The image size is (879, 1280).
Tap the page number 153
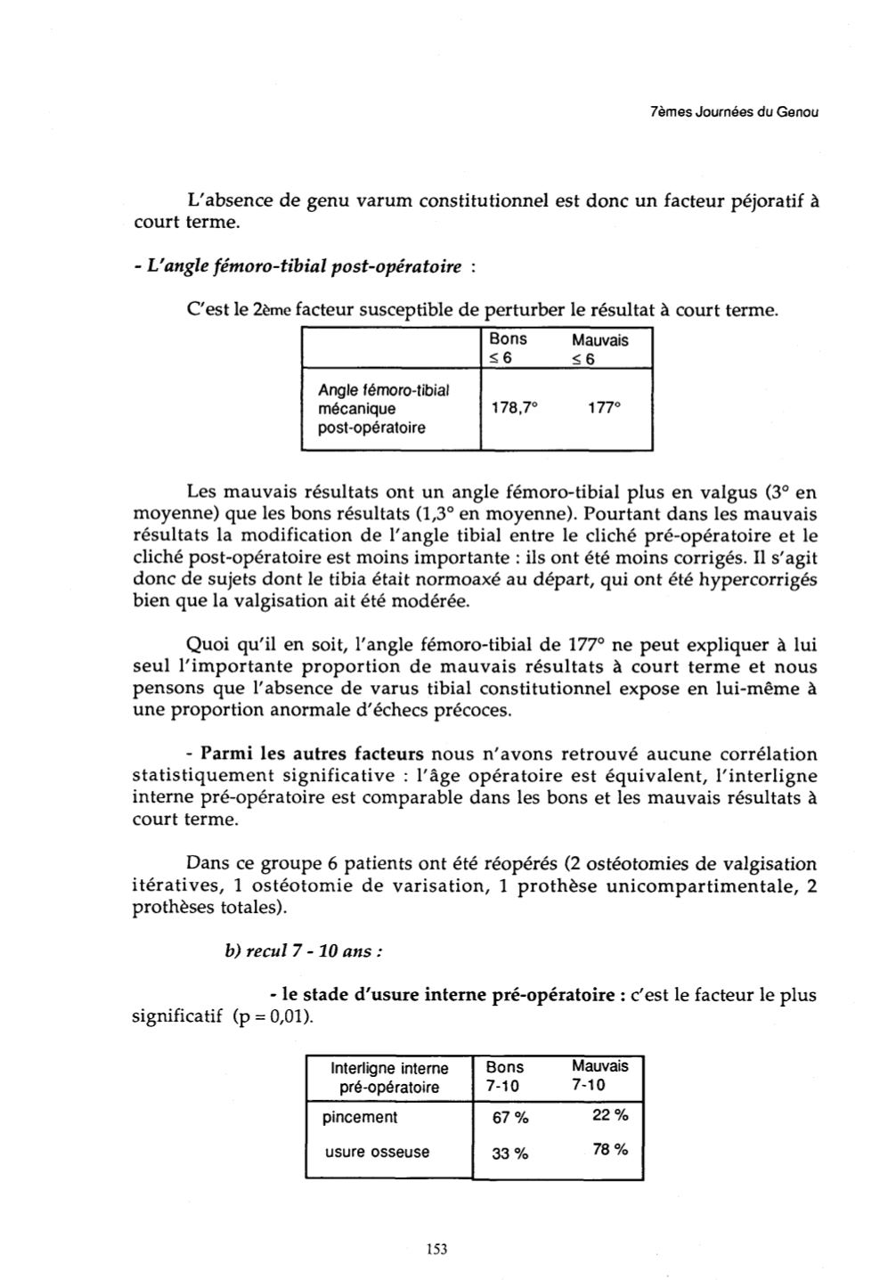coord(436,1249)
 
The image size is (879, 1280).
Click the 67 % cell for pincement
coord(510,1119)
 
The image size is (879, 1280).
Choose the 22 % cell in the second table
coord(609,1115)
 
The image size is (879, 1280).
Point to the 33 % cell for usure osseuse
coord(510,1154)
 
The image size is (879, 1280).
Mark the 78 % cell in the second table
coord(609,1150)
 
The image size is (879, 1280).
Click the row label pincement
coord(360,1117)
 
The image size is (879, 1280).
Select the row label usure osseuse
coord(377,1152)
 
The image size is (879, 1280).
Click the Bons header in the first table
coord(508,339)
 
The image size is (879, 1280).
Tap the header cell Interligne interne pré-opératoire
coord(389,1077)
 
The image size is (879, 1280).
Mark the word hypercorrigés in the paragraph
coord(760,580)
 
